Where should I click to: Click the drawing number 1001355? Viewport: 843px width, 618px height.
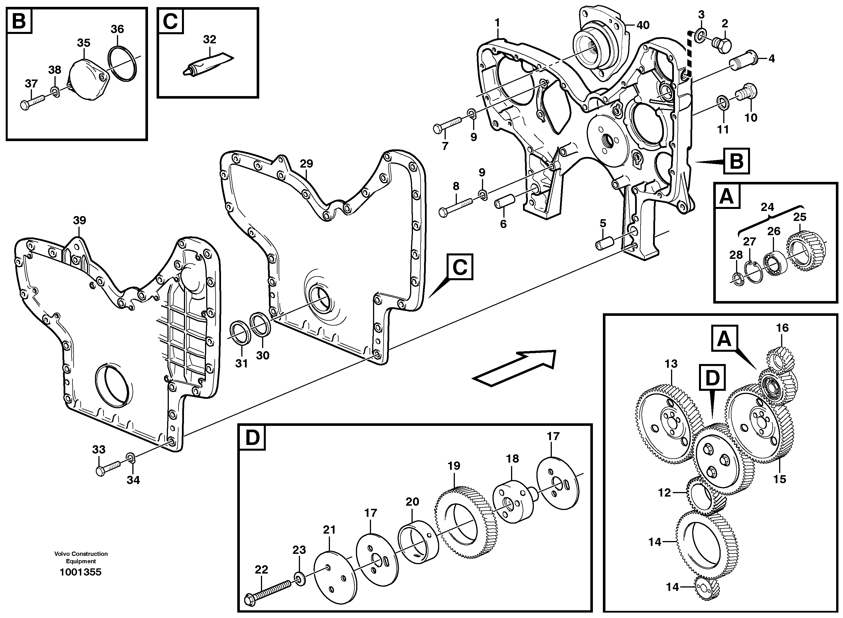point(81,572)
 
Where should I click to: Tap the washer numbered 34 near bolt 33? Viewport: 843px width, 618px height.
point(130,457)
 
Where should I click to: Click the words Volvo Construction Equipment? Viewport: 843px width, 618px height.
point(81,557)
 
